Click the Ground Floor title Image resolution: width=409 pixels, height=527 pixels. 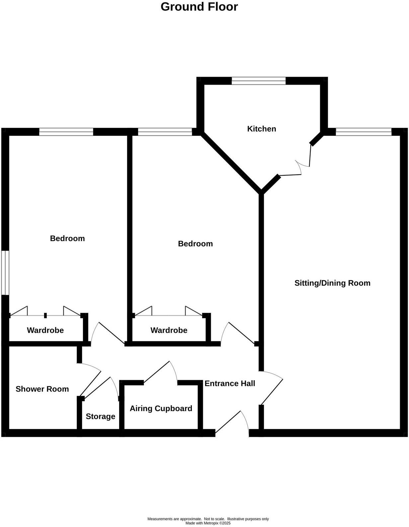[x=199, y=7]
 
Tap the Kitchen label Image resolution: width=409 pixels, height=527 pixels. [x=262, y=129]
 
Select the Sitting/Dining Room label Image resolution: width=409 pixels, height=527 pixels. [x=332, y=283]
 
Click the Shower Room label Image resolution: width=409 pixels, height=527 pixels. [x=42, y=389]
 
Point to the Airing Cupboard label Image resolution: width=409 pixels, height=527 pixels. [x=161, y=408]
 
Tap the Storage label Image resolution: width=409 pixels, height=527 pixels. [x=100, y=416]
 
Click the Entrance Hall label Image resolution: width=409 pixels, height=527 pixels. [x=230, y=384]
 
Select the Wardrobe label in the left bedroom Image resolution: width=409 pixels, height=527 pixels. [x=45, y=330]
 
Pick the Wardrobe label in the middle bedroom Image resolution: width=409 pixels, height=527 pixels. [x=169, y=330]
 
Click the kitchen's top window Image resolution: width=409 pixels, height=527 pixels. [x=259, y=80]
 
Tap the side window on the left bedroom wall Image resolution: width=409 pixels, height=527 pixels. [x=5, y=273]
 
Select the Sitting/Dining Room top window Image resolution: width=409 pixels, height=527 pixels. [x=364, y=132]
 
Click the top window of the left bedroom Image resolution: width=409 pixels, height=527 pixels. [x=66, y=132]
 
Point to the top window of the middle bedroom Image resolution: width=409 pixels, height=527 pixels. [x=165, y=132]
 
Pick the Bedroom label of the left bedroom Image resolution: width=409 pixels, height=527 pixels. [x=67, y=238]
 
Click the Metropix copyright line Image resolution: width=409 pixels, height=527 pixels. [x=208, y=523]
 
